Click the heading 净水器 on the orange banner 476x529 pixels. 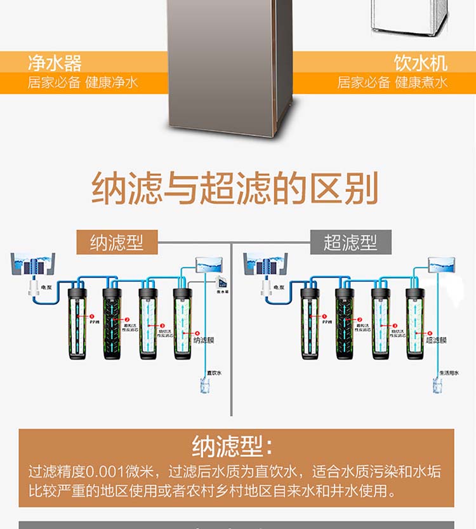pyautogui.click(x=55, y=64)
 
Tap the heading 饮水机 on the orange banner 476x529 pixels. pyautogui.click(x=420, y=64)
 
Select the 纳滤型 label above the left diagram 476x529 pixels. pyautogui.click(x=116, y=243)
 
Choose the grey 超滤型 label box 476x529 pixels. pyautogui.click(x=350, y=243)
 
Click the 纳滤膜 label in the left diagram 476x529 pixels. pyautogui.click(x=204, y=340)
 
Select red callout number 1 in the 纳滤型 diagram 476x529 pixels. pyautogui.click(x=91, y=316)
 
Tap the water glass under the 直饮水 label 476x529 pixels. pyautogui.click(x=205, y=385)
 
